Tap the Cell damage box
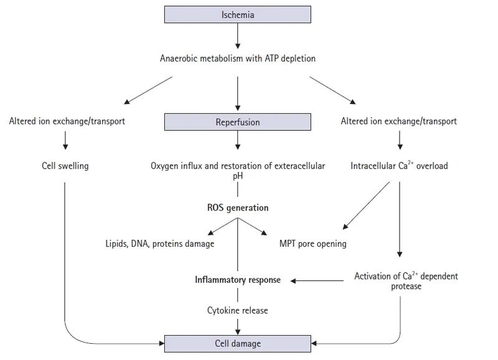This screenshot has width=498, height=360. (x=238, y=343)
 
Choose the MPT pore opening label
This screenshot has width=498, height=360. (x=312, y=244)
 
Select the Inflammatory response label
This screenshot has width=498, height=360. (x=238, y=280)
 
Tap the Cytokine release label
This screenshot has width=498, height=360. (x=238, y=309)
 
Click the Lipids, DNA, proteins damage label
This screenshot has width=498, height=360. (x=160, y=244)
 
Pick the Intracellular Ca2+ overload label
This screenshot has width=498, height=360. (x=398, y=166)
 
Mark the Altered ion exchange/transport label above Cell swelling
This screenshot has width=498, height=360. (x=67, y=121)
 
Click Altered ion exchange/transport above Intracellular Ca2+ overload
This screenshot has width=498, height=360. (x=399, y=121)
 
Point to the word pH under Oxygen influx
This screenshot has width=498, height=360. (x=238, y=176)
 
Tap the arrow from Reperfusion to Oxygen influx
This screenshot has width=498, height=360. (x=238, y=143)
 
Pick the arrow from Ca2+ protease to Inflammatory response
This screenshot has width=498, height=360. (x=317, y=281)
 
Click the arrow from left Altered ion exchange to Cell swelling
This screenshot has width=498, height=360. (x=65, y=143)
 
